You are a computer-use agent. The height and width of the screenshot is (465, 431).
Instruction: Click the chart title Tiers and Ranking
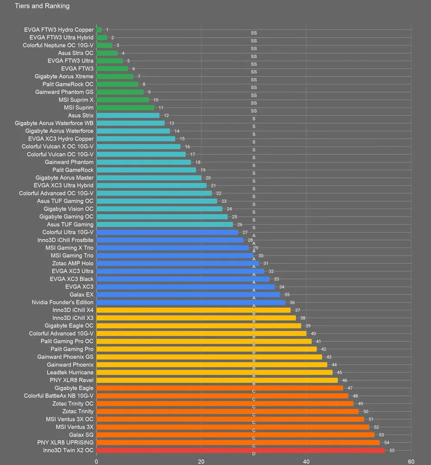click(42, 6)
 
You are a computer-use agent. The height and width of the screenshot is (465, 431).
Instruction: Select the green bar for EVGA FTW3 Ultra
click(109, 61)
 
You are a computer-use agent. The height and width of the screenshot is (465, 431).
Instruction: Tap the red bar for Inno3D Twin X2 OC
click(240, 450)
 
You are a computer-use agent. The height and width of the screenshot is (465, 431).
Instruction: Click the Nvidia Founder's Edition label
click(63, 302)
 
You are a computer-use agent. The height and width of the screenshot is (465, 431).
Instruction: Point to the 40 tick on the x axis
click(306, 461)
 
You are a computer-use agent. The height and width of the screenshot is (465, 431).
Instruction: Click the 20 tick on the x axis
click(201, 461)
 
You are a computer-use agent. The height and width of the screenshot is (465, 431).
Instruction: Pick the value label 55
click(392, 450)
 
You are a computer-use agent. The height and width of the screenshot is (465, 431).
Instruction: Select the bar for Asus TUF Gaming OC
click(156, 201)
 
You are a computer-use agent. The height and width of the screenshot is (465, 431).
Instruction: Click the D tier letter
click(254, 453)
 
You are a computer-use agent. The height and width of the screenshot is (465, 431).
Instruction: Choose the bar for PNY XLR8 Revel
click(217, 380)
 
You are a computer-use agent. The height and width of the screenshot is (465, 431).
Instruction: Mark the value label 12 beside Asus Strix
click(166, 116)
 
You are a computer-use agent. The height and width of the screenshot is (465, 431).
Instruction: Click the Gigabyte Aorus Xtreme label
click(64, 76)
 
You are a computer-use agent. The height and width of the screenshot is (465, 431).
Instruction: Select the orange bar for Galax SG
click(235, 435)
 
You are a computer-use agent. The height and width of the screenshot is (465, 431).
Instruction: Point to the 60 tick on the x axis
click(411, 461)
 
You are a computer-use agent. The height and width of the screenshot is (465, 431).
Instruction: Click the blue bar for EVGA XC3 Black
click(182, 279)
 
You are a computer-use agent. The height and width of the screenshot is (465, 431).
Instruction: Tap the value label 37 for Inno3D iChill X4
click(297, 310)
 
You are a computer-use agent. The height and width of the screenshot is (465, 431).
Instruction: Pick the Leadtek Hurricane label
click(70, 373)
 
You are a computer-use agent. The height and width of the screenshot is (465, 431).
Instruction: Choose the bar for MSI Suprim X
click(122, 100)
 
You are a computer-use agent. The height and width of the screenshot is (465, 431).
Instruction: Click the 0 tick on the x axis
click(96, 461)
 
